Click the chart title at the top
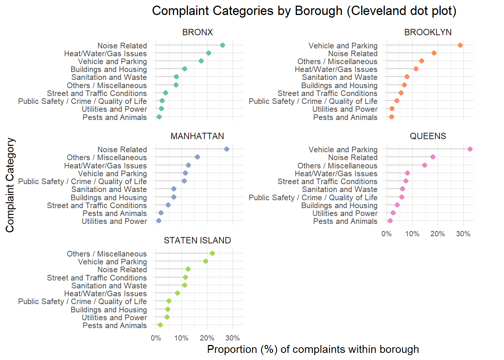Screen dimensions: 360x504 click(304, 11)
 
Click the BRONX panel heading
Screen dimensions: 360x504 click(198, 33)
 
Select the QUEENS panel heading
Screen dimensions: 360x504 click(428, 136)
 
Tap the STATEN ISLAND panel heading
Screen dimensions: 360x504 click(197, 240)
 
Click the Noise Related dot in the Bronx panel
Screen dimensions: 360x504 click(222, 45)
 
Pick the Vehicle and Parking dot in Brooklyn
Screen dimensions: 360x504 click(460, 45)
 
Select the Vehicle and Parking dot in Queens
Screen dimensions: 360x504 click(470, 149)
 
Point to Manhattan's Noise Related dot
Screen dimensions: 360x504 click(226, 149)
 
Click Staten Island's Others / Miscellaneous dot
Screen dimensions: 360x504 click(212, 253)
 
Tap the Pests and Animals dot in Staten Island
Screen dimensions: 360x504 click(160, 325)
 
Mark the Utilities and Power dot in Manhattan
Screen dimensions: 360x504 click(159, 221)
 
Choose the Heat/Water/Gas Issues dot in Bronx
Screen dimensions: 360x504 click(208, 53)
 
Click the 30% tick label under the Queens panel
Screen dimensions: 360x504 click(463, 234)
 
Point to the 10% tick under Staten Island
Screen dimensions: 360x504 click(181, 338)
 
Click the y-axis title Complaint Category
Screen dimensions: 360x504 click(10, 185)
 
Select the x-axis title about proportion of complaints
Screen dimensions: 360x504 click(313, 349)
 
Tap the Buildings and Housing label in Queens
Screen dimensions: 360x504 click(339, 205)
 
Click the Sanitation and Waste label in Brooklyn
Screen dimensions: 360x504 click(339, 77)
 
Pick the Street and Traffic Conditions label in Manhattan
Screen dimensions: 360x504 click(97, 205)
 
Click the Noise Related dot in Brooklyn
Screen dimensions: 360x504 click(434, 53)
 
